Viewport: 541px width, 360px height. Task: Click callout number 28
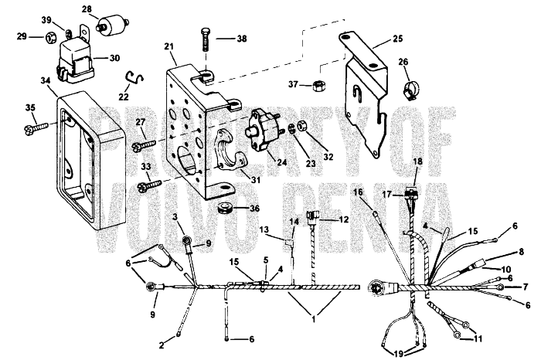[x=87, y=10]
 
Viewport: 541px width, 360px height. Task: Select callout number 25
[x=397, y=38]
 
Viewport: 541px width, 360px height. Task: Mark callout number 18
[x=417, y=161]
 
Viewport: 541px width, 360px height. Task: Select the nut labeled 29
[x=49, y=36]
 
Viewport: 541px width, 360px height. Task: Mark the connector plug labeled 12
[x=314, y=218]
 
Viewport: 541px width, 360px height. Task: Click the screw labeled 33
[x=146, y=185]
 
